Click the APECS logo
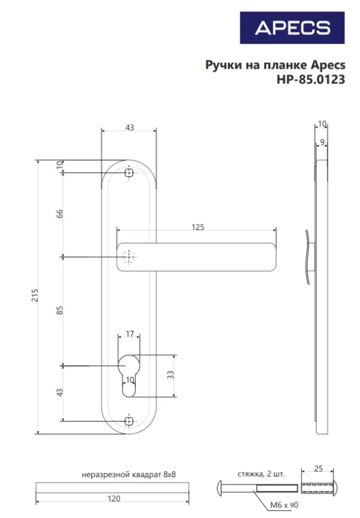[292, 28]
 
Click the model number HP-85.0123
[311, 80]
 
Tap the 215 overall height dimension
[35, 295]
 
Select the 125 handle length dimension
[198, 227]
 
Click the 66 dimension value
[60, 214]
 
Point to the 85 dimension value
[60, 310]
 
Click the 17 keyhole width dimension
[129, 333]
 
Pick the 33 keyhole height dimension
[170, 375]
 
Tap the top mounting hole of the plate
[129, 173]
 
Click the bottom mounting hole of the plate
[129, 422]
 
